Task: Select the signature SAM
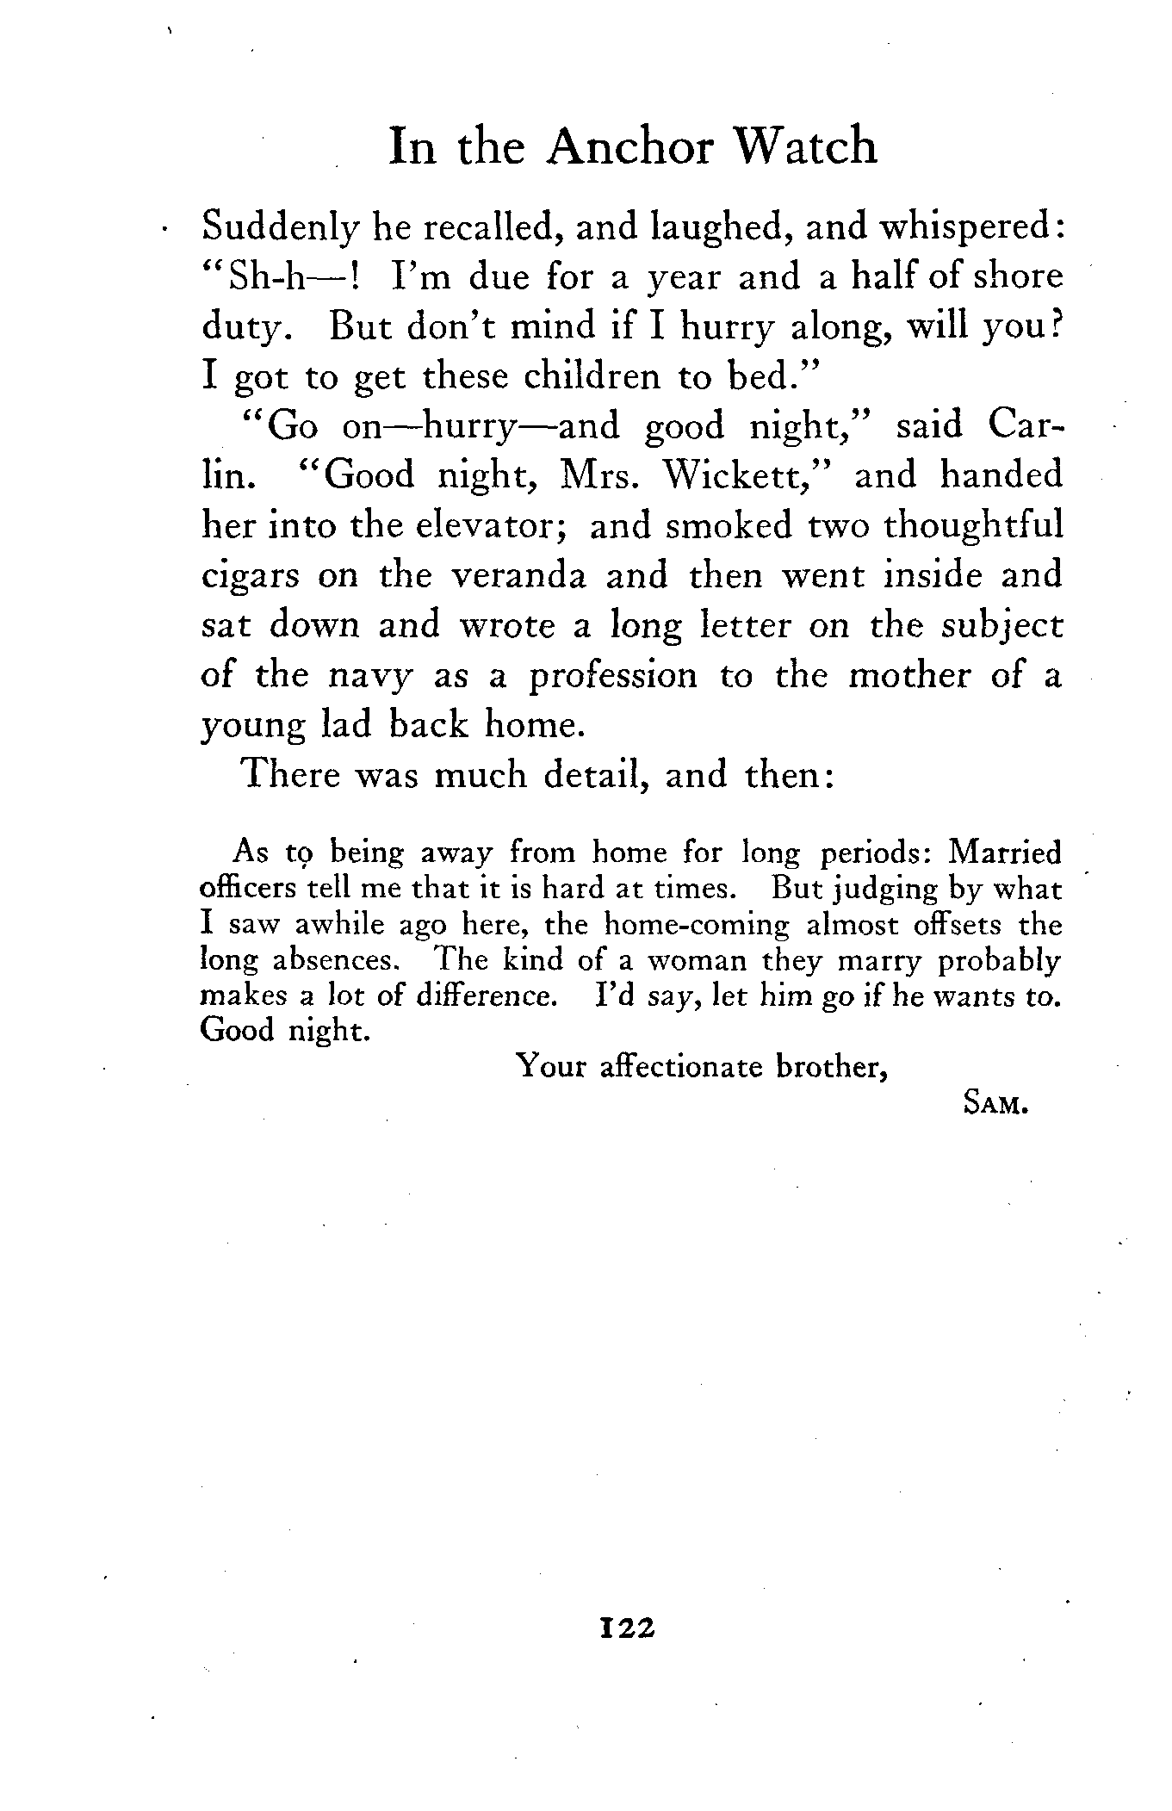click(995, 1105)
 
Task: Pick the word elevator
click(488, 525)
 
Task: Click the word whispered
click(970, 227)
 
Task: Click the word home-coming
click(696, 925)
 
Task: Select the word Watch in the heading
click(805, 146)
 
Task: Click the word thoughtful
click(973, 525)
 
